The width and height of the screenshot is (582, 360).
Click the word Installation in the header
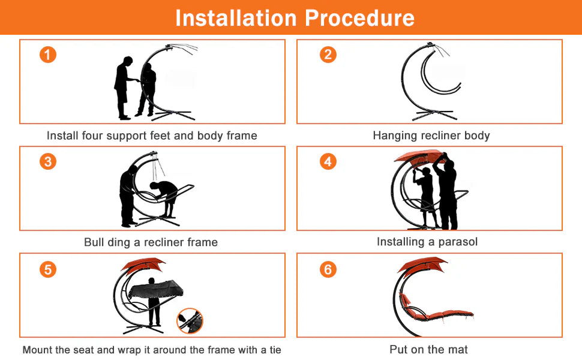[236, 18]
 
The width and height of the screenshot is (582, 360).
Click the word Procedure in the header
[359, 18]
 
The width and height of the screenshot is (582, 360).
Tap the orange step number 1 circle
[48, 55]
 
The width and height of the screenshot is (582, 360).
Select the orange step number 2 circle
[328, 55]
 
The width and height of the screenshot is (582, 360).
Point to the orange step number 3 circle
[48, 161]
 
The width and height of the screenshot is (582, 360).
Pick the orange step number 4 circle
[328, 161]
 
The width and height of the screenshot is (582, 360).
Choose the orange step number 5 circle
[48, 269]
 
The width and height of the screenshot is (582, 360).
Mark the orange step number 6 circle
[328, 269]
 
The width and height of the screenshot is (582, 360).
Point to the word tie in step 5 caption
[275, 350]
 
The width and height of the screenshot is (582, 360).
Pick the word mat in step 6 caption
[458, 349]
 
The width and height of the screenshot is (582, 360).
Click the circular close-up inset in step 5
[190, 321]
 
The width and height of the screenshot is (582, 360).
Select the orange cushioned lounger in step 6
[434, 313]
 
